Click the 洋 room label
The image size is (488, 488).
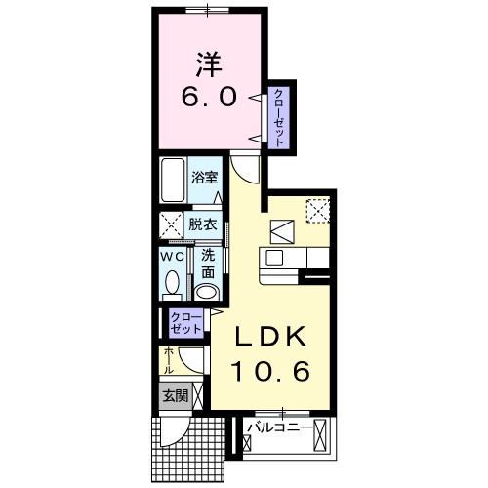tap(207, 65)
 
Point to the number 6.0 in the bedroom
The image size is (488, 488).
tap(207, 98)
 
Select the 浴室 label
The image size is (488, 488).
tap(204, 179)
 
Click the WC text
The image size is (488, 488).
tap(172, 256)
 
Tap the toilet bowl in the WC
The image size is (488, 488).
tap(172, 284)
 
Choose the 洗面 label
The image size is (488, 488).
tap(207, 264)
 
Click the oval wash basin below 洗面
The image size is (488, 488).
tap(206, 292)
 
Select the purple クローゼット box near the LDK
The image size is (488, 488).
tap(185, 323)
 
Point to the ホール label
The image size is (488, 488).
tap(169, 361)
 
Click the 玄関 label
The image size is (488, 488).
tap(176, 397)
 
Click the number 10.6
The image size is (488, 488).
tap(270, 371)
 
